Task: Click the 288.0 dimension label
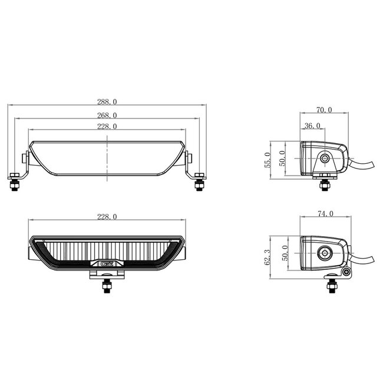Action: (x=107, y=101)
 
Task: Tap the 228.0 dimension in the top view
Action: (x=107, y=126)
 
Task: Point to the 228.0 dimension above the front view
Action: (x=107, y=216)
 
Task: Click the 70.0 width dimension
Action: (x=324, y=110)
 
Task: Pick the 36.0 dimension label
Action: (x=312, y=126)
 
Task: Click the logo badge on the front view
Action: (x=107, y=265)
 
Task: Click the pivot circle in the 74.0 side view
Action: (x=324, y=253)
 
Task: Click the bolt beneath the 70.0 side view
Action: (x=323, y=184)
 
